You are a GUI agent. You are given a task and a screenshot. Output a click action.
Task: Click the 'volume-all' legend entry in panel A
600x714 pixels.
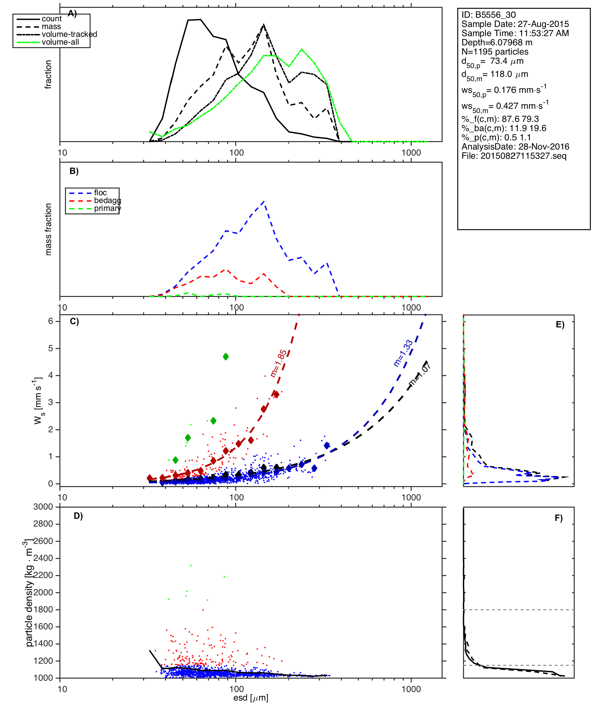pos(60,42)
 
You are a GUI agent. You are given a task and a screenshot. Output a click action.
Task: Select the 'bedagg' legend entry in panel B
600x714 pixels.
pos(107,201)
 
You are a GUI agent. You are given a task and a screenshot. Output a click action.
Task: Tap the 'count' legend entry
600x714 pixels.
pos(51,19)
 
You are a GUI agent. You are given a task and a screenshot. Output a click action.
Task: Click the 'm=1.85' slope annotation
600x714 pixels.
pos(278,364)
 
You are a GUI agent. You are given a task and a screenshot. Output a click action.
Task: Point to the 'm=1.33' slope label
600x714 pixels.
pos(403,353)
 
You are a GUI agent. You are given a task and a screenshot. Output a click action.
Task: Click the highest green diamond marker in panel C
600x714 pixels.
pos(226,356)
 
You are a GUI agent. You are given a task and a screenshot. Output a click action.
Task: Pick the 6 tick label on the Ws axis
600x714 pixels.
pos(51,321)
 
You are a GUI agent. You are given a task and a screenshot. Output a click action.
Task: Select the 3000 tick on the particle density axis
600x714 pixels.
pos(43,507)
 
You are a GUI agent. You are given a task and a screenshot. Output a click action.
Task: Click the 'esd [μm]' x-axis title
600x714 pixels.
pos(251,698)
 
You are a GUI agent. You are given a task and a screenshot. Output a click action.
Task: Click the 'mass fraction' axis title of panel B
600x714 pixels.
pos(49,229)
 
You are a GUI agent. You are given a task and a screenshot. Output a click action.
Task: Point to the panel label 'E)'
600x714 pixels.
pos(560,325)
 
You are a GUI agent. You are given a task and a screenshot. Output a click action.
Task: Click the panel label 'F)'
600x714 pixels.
pos(559,518)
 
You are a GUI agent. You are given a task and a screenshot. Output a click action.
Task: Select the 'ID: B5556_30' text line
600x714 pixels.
pos(488,15)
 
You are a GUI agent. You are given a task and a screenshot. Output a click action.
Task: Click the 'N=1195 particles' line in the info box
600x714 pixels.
pos(495,52)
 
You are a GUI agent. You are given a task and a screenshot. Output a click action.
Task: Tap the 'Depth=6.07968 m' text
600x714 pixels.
pos(497,43)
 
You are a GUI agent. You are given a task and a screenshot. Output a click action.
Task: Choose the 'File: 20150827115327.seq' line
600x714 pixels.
pos(514,156)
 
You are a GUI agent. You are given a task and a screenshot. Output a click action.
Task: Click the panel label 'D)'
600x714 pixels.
pos(78,516)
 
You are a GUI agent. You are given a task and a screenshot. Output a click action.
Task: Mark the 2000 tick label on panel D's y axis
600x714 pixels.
pos(43,592)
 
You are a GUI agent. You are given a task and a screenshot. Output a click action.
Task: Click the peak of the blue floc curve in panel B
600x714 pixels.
pos(264,201)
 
